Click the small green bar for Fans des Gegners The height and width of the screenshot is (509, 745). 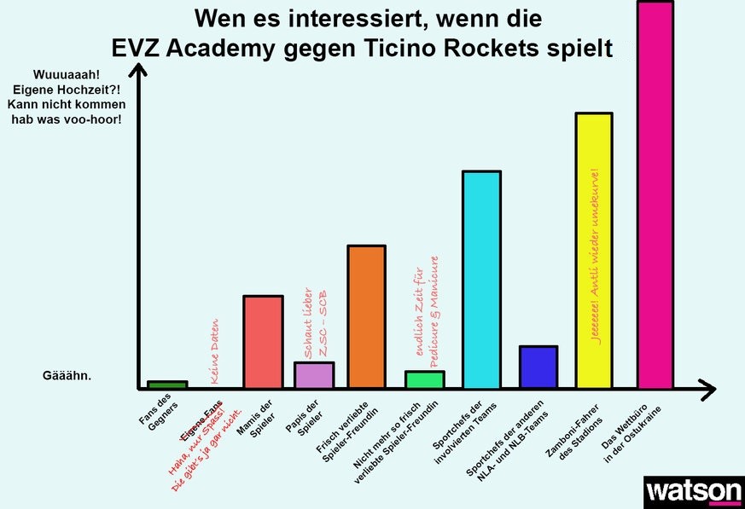pos(167,385)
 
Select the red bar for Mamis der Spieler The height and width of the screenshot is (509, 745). pos(263,342)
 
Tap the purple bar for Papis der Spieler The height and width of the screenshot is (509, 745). pos(314,375)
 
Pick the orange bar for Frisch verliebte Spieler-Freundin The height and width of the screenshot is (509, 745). pos(366,316)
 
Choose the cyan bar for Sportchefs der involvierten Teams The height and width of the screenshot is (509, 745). pos(481,280)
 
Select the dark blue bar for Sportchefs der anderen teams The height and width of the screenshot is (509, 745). pos(538,367)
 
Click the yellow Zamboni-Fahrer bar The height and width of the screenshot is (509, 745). pos(594,251)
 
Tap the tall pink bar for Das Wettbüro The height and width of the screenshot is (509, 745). pos(655,194)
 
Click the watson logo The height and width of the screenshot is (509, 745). pos(694,492)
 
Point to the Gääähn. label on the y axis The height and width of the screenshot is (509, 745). pos(67,375)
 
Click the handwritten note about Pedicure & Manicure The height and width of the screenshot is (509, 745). pos(426,312)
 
